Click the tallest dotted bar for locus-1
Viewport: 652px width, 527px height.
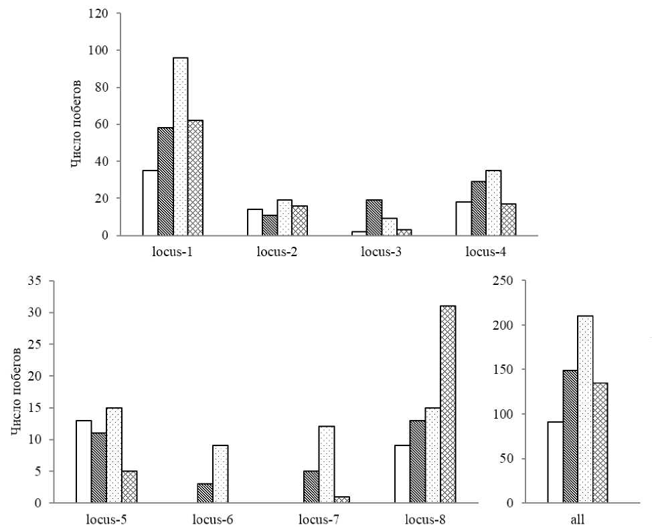point(181,146)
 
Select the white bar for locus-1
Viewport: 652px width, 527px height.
point(150,203)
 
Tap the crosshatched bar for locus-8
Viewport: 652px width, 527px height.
point(448,404)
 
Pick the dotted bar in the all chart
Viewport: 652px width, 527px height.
point(585,409)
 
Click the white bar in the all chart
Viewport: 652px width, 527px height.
point(555,462)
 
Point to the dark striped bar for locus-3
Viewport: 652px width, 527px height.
point(374,217)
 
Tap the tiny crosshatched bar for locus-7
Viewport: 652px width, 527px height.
point(341,500)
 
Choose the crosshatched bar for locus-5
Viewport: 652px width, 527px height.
point(129,487)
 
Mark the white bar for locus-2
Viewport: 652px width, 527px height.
point(255,222)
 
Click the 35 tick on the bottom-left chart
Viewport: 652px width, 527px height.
point(31,281)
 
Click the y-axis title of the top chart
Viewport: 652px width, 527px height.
point(78,124)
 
